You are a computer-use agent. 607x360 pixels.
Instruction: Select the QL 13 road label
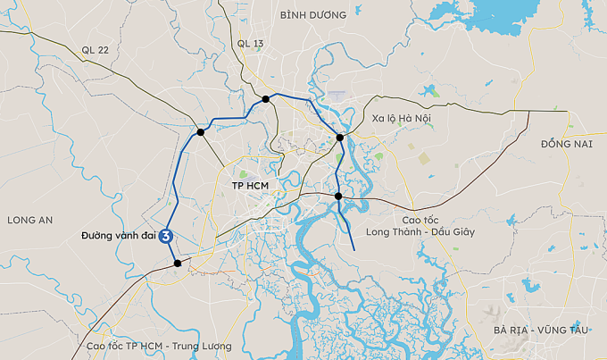pos(251,43)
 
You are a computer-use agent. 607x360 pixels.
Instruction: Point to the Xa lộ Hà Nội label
pos(403,118)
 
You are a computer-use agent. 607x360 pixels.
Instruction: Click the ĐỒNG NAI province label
pos(567,143)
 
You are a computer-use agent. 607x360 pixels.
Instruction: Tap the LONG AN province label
pos(30,220)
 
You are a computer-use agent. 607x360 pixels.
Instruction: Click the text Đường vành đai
pos(115,236)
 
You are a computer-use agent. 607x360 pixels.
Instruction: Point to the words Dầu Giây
pos(453,231)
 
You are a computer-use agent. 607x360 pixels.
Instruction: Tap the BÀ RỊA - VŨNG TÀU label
pos(541,330)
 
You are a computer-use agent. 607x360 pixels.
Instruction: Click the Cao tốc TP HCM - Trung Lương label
pos(158,346)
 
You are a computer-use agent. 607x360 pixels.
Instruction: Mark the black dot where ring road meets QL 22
pos(201,132)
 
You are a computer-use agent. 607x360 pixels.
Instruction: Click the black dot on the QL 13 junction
pos(266,98)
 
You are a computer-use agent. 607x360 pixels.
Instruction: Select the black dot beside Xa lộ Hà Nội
pos(339,138)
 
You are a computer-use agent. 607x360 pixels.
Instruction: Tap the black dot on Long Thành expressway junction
pos(338,196)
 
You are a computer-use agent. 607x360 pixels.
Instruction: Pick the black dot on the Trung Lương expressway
pos(178,263)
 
